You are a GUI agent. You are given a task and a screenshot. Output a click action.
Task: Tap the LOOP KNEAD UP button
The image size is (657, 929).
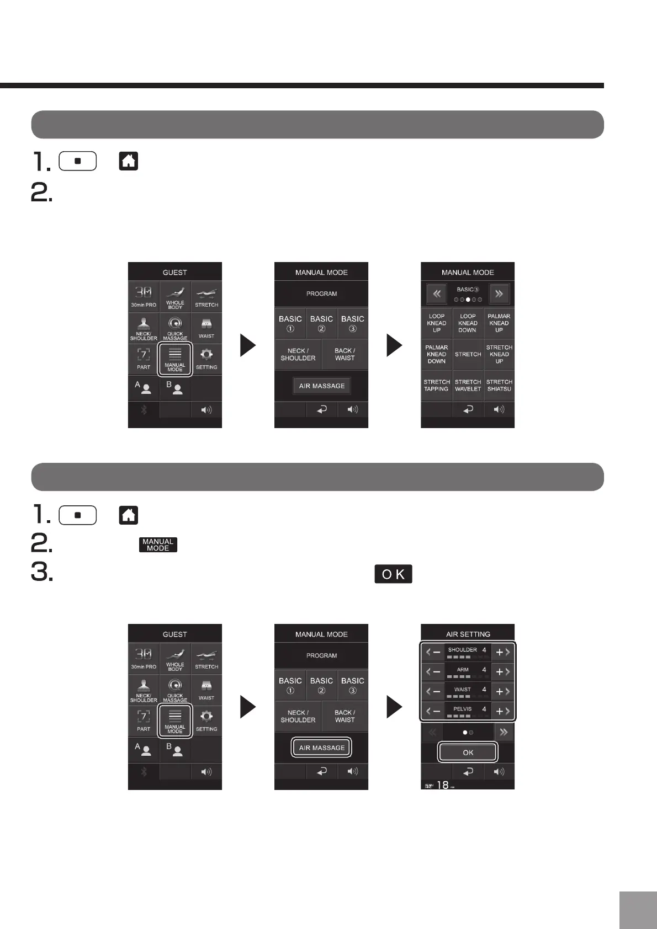(x=436, y=323)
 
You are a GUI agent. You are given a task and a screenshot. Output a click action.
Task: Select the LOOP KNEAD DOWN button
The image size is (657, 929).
(x=468, y=323)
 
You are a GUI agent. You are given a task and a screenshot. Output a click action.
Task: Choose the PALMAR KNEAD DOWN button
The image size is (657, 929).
(x=436, y=354)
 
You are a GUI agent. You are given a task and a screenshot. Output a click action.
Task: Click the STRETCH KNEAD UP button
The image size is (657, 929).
(x=499, y=354)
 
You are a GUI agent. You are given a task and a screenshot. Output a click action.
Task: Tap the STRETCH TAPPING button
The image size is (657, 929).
(x=436, y=385)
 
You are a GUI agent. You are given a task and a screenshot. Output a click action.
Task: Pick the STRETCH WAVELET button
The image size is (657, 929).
(x=468, y=385)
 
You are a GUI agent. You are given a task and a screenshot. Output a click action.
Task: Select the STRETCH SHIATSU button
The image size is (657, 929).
(x=499, y=385)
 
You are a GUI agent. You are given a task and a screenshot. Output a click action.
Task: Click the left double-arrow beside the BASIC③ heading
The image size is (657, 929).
(x=436, y=294)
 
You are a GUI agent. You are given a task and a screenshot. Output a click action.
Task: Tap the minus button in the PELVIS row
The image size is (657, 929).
(x=433, y=711)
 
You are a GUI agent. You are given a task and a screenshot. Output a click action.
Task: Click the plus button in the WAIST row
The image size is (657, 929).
(x=502, y=691)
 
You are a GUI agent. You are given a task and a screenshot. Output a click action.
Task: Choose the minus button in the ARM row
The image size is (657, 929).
(x=433, y=671)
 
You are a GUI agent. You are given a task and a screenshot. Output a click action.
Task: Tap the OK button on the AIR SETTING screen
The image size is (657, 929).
(x=468, y=752)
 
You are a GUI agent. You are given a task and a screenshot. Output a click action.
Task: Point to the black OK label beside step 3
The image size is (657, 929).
(x=393, y=574)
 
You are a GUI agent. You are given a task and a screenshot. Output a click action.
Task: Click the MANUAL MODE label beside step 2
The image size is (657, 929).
(x=158, y=544)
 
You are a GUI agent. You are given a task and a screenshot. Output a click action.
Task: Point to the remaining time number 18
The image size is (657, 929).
(x=443, y=784)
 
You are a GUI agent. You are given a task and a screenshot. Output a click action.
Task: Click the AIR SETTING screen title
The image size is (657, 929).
(x=468, y=634)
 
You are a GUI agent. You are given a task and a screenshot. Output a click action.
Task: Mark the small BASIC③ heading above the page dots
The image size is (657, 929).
(x=468, y=289)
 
